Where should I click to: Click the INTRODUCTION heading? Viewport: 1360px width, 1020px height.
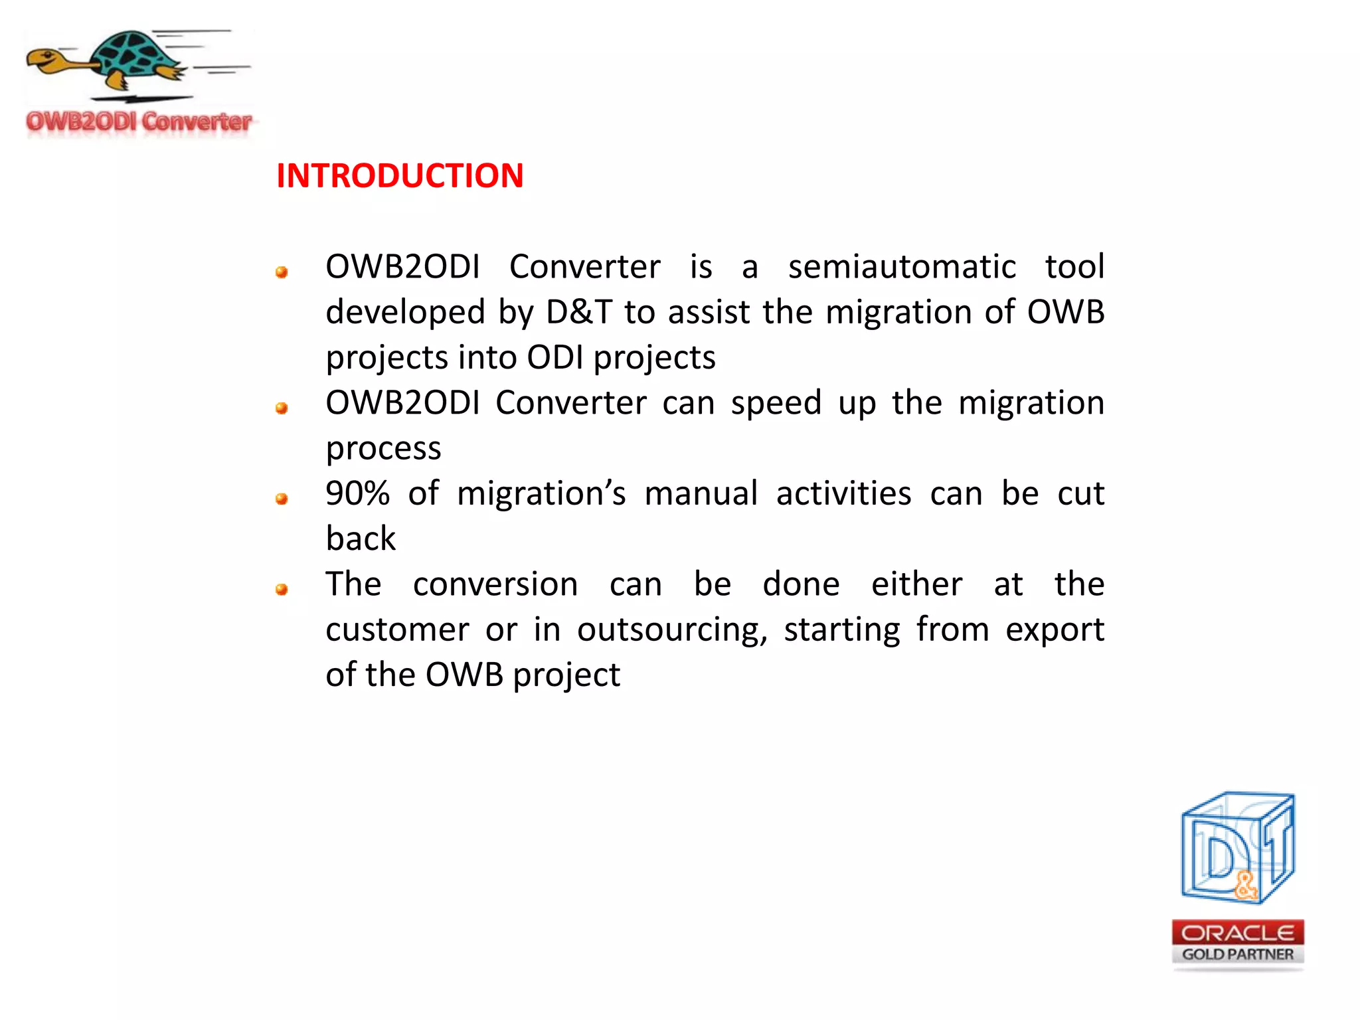(x=400, y=176)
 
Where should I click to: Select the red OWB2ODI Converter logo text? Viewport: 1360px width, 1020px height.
(x=139, y=122)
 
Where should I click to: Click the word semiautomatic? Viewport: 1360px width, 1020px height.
(x=901, y=267)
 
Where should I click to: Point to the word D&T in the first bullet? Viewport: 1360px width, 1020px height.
(x=578, y=312)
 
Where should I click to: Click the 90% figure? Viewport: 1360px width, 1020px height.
(x=357, y=493)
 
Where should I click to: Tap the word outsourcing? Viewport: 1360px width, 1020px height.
(x=671, y=630)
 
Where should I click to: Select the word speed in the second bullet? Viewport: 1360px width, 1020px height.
(x=776, y=403)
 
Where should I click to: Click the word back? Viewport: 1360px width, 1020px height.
(x=361, y=539)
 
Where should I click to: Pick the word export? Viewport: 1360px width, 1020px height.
(x=1054, y=630)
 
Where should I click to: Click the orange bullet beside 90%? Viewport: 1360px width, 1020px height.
(x=282, y=499)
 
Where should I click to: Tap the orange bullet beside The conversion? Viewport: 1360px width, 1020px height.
(x=282, y=589)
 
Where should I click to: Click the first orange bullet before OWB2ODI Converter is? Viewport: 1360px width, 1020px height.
(x=282, y=272)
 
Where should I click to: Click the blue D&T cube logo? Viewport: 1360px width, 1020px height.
(x=1236, y=849)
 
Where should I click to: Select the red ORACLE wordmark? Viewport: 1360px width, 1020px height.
(x=1237, y=933)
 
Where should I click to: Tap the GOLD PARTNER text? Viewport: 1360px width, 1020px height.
(x=1237, y=954)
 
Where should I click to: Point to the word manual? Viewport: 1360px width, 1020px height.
(x=701, y=493)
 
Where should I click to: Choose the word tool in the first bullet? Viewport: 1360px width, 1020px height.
(x=1074, y=267)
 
